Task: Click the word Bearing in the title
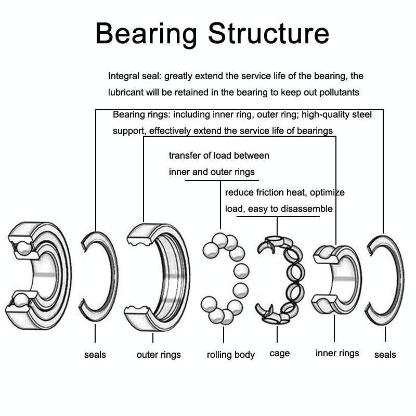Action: click(146, 33)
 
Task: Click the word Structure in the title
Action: click(268, 33)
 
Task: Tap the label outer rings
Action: click(159, 355)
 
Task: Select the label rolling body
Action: click(230, 355)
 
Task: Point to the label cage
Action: click(279, 354)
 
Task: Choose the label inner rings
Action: click(337, 353)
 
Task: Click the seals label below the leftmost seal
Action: click(95, 355)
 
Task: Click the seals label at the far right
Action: click(385, 355)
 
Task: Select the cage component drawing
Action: click(279, 280)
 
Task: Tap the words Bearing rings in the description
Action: click(140, 114)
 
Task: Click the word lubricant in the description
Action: click(126, 93)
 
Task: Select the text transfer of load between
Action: click(219, 155)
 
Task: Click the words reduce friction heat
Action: click(254, 192)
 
